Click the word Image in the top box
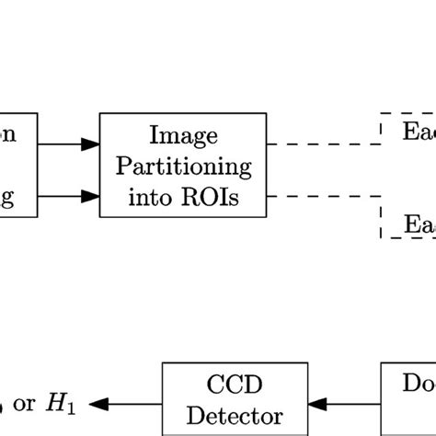pyautogui.click(x=187, y=136)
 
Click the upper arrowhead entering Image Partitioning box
pyautogui.click(x=90, y=143)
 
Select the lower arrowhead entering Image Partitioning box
pyautogui.click(x=90, y=196)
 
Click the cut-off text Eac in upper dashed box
pyautogui.click(x=419, y=131)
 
